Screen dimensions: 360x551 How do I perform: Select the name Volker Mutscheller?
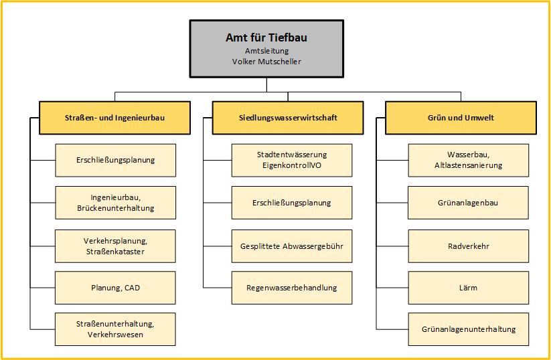coord(266,62)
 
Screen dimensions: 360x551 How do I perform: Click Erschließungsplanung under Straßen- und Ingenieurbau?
coord(115,160)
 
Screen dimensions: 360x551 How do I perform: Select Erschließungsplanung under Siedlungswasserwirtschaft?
coord(292,203)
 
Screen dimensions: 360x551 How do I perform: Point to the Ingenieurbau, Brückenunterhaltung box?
coord(115,203)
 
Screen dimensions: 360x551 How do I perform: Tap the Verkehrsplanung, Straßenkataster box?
coord(115,246)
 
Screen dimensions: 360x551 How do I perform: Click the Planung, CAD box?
coord(115,288)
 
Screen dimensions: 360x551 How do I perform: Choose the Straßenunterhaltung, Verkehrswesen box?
coord(115,329)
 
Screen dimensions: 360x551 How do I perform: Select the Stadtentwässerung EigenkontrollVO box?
coord(292,160)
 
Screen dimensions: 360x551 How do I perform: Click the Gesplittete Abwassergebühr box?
coord(292,246)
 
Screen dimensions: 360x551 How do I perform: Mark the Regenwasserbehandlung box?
coord(292,288)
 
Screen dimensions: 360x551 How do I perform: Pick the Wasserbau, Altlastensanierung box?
coord(468,160)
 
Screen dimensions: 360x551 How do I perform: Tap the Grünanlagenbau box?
coord(468,203)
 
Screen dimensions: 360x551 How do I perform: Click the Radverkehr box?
coord(468,246)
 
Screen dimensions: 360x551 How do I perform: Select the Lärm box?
coord(468,288)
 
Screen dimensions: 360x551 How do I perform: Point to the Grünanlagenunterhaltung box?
coord(468,329)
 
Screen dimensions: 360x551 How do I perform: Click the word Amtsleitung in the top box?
coord(266,50)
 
